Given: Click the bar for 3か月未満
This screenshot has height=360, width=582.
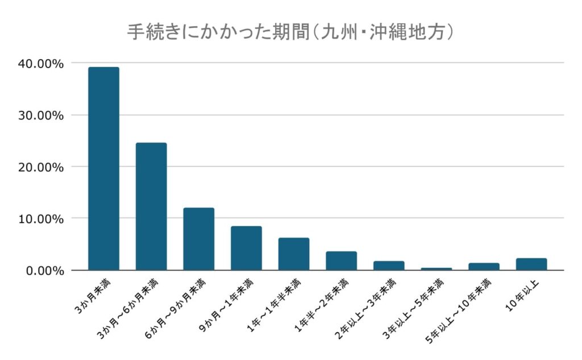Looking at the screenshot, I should [x=103, y=168].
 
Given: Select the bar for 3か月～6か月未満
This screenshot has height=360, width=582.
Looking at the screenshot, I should [x=151, y=206].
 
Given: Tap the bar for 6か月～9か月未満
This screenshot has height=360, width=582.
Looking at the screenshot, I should [x=198, y=239].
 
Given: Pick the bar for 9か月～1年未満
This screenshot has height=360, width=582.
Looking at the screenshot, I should [x=246, y=248].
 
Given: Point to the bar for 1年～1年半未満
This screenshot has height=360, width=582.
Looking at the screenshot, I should [x=294, y=254].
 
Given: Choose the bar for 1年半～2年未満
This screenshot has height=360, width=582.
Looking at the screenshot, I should [x=341, y=260].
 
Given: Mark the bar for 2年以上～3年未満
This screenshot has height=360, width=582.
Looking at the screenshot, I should [x=389, y=266].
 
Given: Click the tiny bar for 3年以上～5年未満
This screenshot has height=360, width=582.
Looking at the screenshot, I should [x=436, y=268].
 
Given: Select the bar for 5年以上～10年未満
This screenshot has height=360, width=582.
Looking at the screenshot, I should [x=484, y=266].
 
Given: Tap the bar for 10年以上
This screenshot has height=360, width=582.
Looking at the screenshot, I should [x=531, y=264].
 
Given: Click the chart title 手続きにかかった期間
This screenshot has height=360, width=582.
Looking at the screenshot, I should [x=290, y=32].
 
